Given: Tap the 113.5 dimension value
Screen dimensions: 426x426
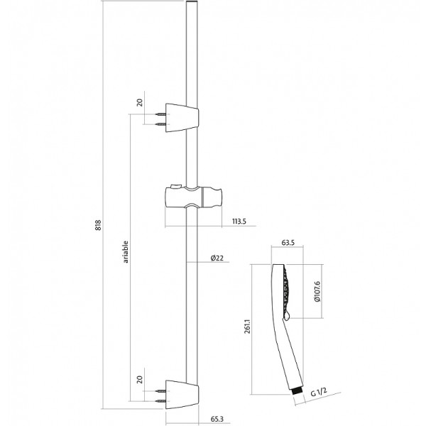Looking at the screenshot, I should click(238, 221).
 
